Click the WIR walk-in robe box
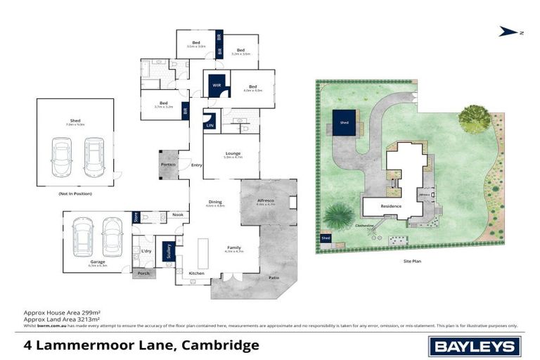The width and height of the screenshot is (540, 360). tap(217, 86)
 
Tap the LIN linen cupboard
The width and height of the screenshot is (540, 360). tap(210, 122)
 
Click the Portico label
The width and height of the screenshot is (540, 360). tap(169, 164)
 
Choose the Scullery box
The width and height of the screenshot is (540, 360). tap(168, 251)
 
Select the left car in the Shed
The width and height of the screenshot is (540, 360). tap(62, 157)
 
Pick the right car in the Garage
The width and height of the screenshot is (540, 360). tap(112, 236)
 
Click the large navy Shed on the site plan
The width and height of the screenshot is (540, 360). tap(344, 122)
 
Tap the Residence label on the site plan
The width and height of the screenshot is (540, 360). tap(391, 206)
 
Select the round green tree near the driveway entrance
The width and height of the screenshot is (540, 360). tap(475, 118)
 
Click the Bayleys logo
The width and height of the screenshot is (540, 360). tap(475, 346)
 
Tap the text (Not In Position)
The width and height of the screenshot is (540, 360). tap(75, 193)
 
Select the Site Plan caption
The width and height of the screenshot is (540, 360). tap(412, 261)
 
